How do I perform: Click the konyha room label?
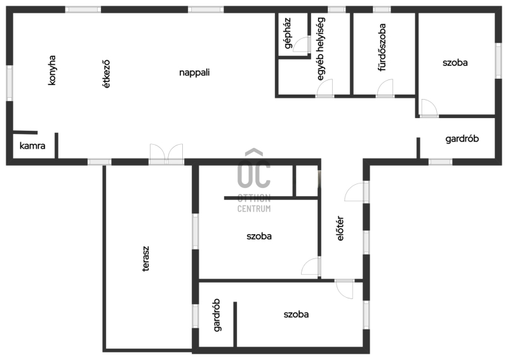point(52,70)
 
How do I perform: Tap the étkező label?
point(106,74)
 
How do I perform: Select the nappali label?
point(194,72)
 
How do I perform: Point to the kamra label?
point(32,146)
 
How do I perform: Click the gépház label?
point(288,33)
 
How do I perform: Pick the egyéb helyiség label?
point(321,49)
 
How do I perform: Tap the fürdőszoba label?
point(382,47)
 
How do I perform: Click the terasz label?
point(146,258)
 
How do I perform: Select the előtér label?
point(340,229)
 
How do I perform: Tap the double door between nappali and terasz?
point(166,154)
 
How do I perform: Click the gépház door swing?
point(302,44)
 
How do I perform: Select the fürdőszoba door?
point(385,88)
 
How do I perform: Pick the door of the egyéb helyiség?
point(324,88)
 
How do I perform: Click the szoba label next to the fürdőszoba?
point(455,62)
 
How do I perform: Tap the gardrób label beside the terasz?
point(217,315)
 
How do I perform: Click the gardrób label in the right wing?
point(462,138)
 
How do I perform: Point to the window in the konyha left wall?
point(10,83)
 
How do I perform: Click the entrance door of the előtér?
point(357,192)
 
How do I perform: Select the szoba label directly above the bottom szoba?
point(259,236)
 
